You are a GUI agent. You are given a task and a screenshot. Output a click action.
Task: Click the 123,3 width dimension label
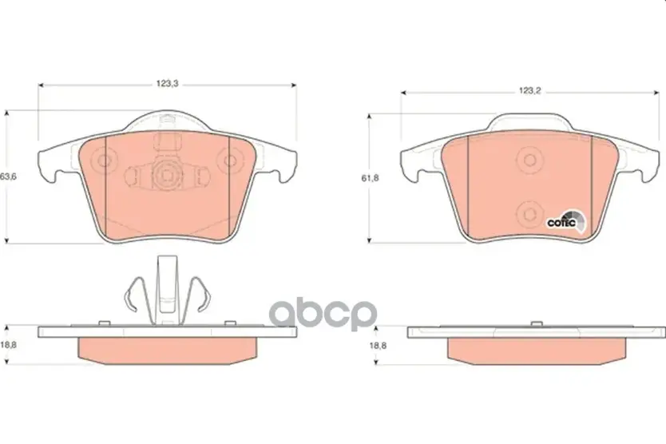[x=168, y=84]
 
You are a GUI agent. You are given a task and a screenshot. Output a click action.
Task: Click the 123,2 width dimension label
[x=529, y=91]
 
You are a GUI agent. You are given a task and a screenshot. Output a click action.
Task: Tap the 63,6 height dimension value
[x=8, y=176]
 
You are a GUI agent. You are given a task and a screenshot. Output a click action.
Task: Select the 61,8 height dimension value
[x=370, y=178]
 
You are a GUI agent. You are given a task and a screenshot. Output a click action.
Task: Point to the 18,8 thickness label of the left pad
[x=8, y=345]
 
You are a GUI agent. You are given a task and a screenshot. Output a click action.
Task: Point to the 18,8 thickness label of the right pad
[x=378, y=346]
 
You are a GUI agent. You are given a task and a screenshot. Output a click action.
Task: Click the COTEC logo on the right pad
[x=567, y=222]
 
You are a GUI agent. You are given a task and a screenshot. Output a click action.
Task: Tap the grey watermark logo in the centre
[x=323, y=314]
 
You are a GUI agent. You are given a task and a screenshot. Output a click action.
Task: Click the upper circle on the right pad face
[x=529, y=161]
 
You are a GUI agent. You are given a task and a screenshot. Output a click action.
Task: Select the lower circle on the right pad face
[x=529, y=215]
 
